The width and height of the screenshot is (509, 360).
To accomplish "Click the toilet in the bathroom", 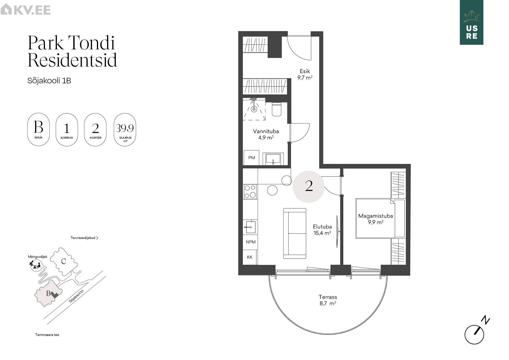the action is click(x=276, y=109).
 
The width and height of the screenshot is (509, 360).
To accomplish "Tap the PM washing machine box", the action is click(x=252, y=158).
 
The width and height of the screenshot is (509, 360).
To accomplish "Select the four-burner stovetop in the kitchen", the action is click(x=250, y=191).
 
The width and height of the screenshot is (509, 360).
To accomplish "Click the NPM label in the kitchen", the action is click(x=251, y=242).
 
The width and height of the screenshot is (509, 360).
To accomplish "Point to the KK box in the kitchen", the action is click(x=250, y=257).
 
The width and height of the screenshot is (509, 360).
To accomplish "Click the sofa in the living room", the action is click(x=295, y=233).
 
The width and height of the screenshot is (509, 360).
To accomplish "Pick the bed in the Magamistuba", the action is click(x=380, y=218).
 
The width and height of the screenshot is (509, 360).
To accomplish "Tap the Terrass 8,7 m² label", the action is click(x=328, y=300).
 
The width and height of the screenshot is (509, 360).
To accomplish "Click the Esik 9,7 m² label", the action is click(x=305, y=74).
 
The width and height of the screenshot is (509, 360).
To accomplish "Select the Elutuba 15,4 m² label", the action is click(x=322, y=230).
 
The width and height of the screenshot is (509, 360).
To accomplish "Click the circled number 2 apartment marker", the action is click(x=308, y=187).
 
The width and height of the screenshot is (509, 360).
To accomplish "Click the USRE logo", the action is click(x=472, y=22).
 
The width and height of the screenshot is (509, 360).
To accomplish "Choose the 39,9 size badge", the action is click(x=125, y=129).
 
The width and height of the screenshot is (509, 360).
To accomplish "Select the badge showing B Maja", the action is click(x=39, y=129).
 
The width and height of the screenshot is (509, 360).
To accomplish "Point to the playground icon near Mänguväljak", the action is click(x=35, y=265).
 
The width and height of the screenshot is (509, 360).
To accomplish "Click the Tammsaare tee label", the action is click(x=47, y=335).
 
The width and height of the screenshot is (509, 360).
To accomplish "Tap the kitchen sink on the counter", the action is click(x=250, y=227).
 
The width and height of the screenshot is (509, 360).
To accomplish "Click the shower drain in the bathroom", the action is click(x=254, y=109).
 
